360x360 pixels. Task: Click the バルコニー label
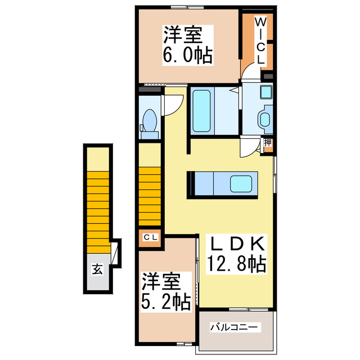(234, 327)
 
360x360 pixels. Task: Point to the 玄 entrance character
(97, 269)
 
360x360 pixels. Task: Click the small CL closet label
(150, 238)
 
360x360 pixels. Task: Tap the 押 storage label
(268, 143)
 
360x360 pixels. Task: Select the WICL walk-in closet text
(261, 41)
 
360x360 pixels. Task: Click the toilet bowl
(149, 120)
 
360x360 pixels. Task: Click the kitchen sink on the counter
(242, 184)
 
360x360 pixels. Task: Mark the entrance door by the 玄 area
(116, 253)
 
